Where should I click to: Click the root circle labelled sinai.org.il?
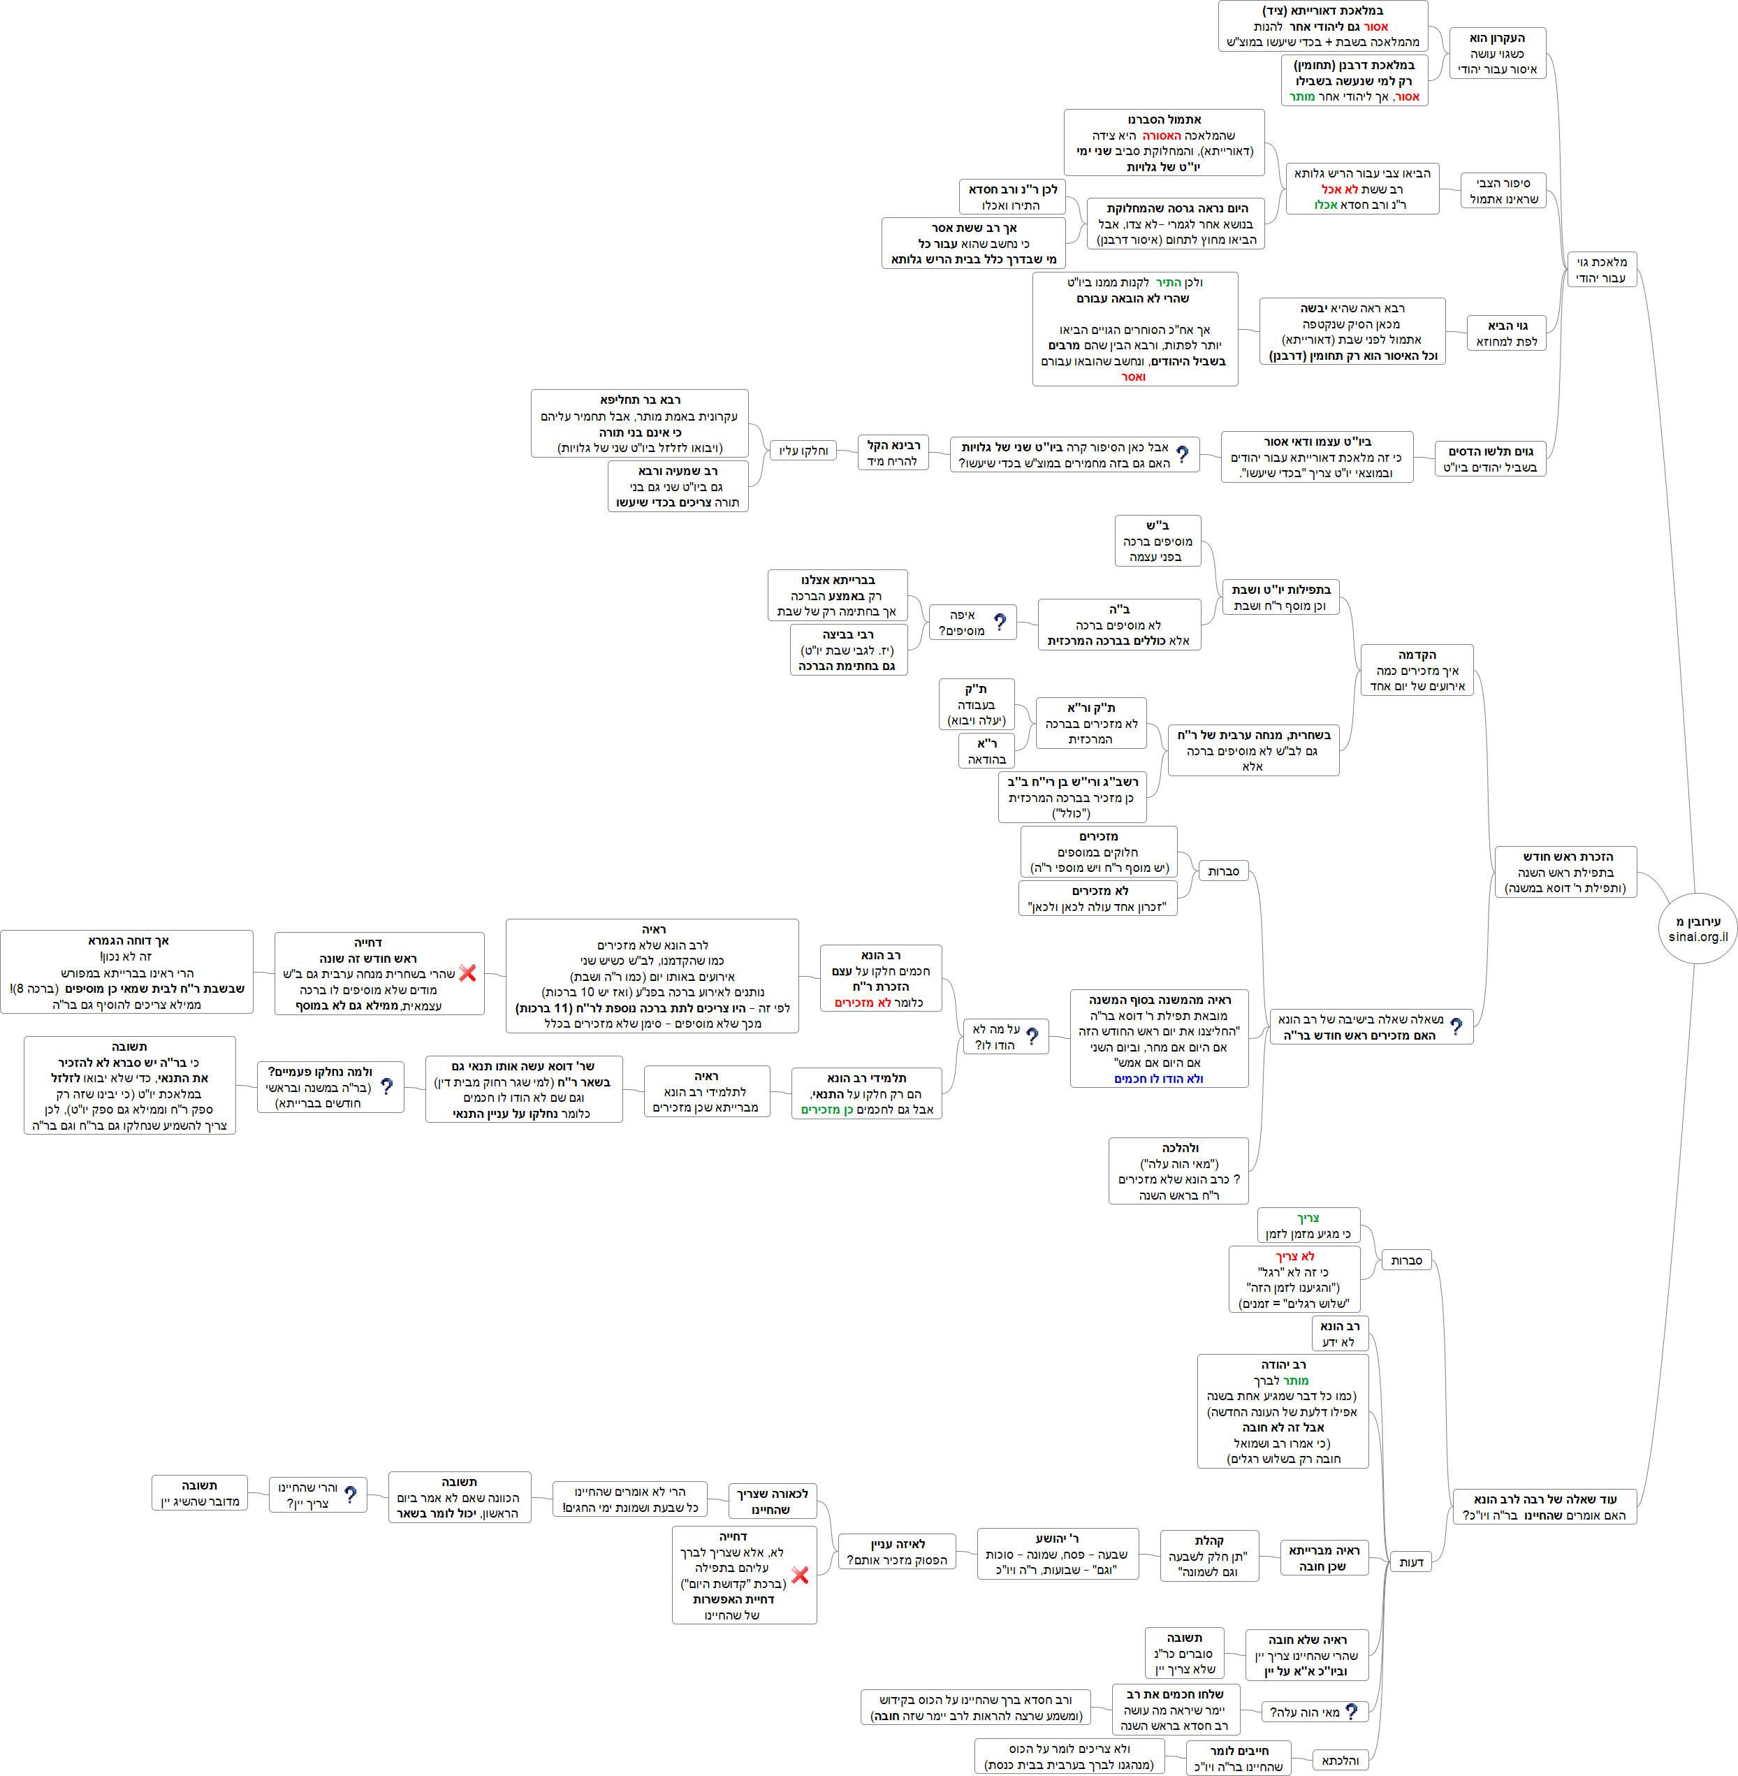tap(1697, 929)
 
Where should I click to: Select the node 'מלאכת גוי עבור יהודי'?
tap(1600, 270)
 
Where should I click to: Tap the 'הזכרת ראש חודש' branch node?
tap(1566, 872)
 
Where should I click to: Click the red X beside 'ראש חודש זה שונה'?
tap(467, 973)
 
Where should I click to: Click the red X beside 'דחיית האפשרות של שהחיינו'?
tap(800, 1575)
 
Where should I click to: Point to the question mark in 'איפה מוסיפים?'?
tap(1000, 622)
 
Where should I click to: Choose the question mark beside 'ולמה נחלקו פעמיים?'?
tap(386, 1086)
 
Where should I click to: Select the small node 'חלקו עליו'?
tap(803, 450)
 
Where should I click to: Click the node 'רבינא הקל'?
tap(893, 453)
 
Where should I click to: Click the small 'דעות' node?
tap(1411, 1562)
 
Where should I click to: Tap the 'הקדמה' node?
tap(1417, 670)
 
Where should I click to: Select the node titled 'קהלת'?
tap(1209, 1556)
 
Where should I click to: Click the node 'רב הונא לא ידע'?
tap(1339, 1334)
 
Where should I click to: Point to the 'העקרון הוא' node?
tap(1497, 53)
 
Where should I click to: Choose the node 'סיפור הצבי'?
tap(1503, 191)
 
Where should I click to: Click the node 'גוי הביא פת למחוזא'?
tap(1506, 333)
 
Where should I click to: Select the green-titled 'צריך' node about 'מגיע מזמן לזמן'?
tap(1308, 1226)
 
